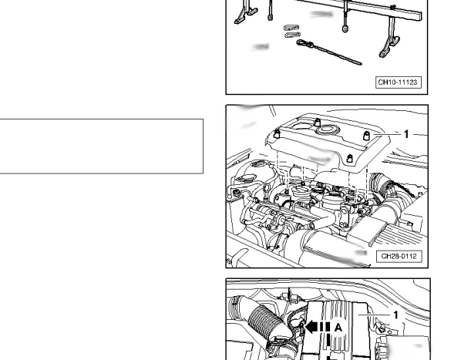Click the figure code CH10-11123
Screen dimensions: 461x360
[x=398, y=82]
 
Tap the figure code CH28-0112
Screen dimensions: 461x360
[x=399, y=256]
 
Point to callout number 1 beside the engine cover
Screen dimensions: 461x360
[x=406, y=134]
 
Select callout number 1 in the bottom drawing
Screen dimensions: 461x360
[x=395, y=315]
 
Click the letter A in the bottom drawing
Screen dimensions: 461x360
[x=338, y=328]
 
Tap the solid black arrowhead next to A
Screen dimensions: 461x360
[x=311, y=327]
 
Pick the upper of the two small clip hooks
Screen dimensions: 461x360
[x=291, y=28]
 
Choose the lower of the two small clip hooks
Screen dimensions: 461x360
[x=292, y=35]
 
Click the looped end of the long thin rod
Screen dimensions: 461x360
[x=305, y=44]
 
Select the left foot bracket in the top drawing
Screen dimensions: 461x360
[x=245, y=12]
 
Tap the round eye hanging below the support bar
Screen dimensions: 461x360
[x=345, y=29]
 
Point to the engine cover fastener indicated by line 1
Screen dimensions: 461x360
[x=366, y=136]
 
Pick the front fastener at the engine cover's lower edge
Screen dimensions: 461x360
[x=349, y=158]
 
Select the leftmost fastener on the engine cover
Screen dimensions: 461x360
[x=276, y=134]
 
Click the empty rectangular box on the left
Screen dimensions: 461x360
[x=102, y=146]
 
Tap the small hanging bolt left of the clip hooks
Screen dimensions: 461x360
[x=270, y=10]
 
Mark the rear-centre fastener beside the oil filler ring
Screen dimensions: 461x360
[x=317, y=122]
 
